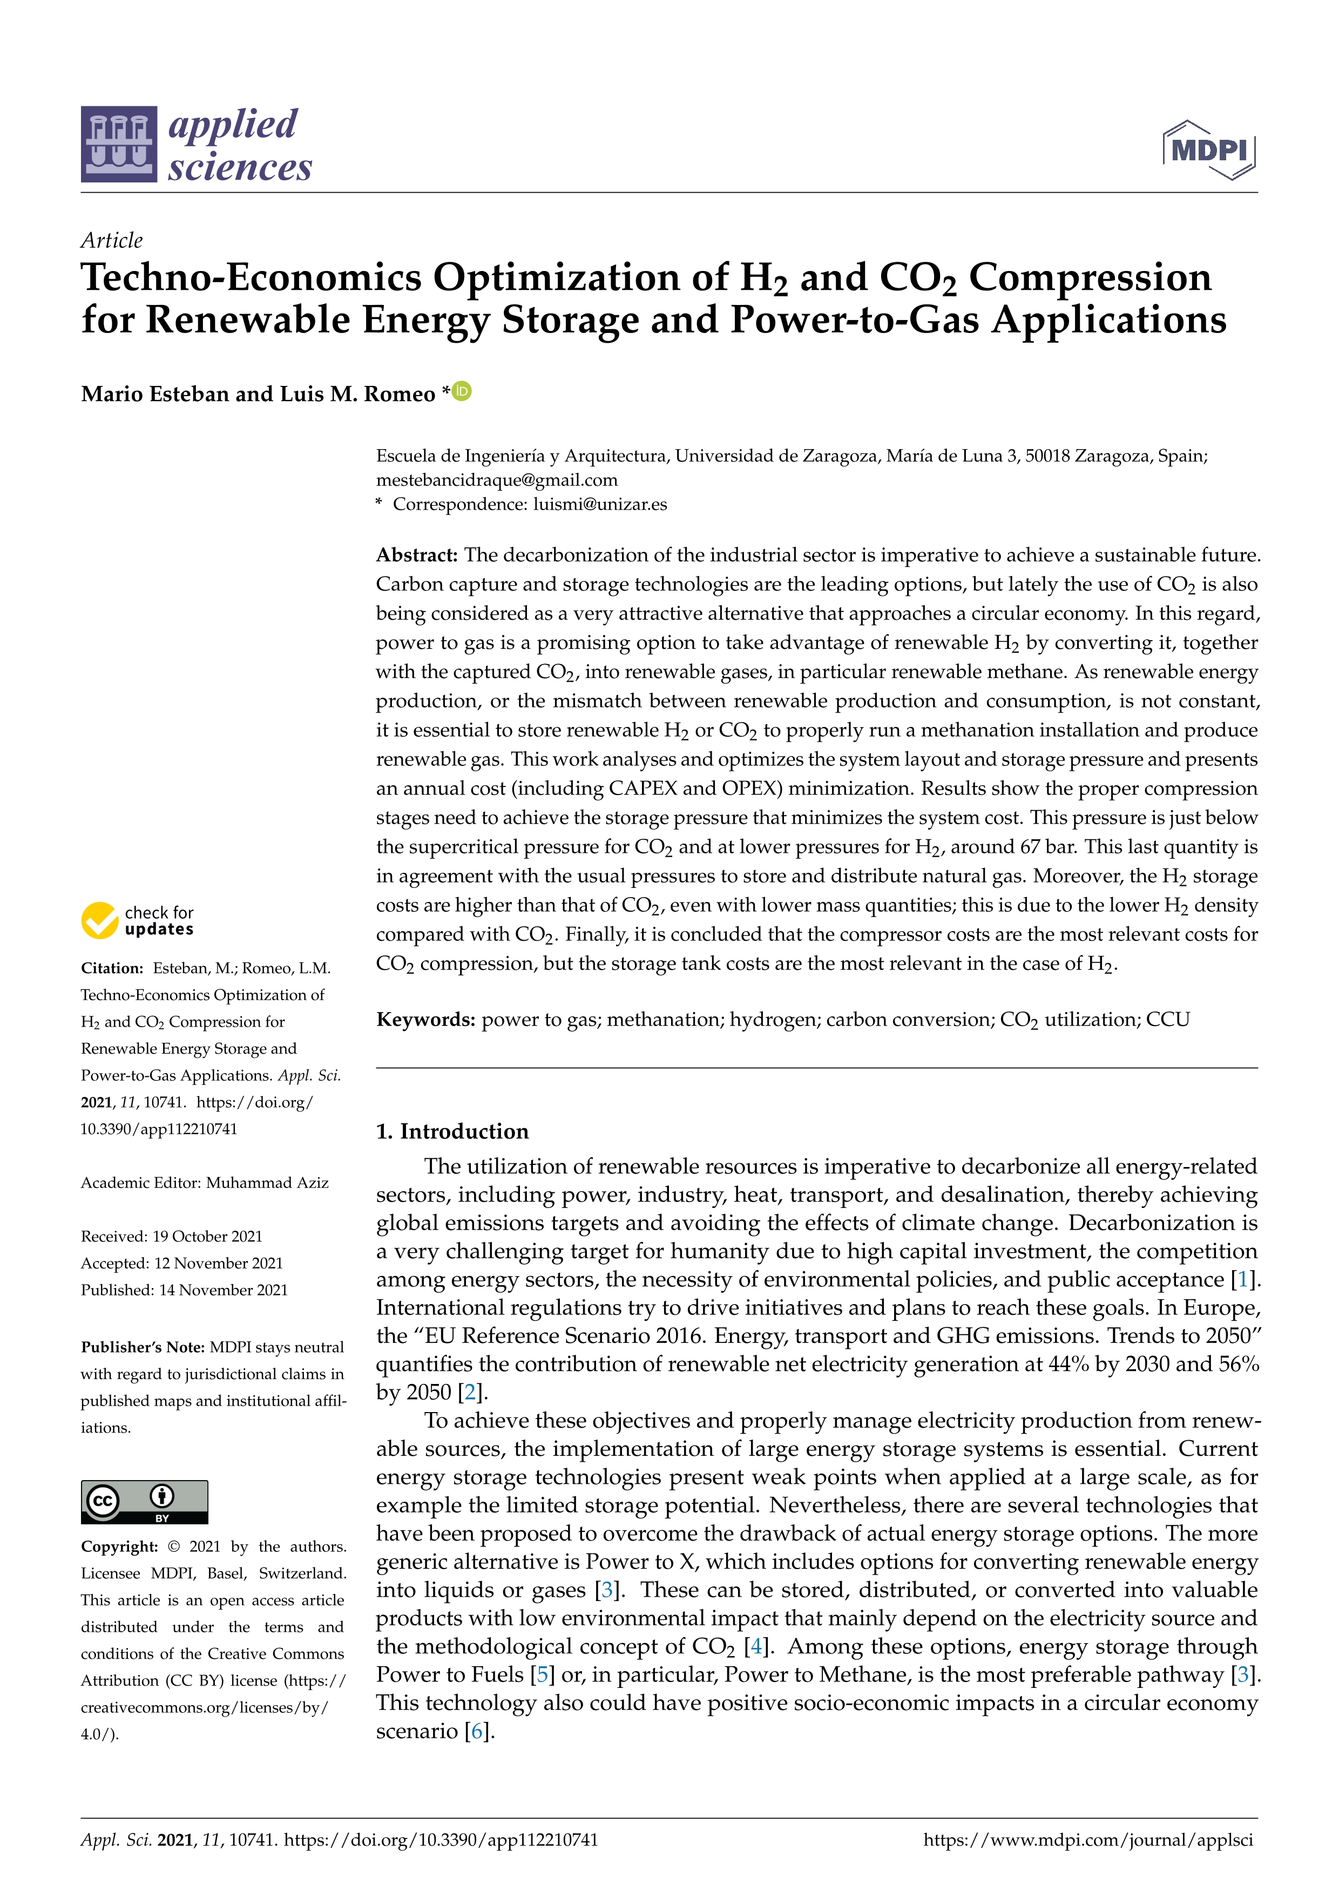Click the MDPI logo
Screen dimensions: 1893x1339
click(x=1209, y=150)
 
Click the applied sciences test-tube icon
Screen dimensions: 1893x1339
click(x=119, y=144)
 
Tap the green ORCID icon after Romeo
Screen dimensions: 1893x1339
click(x=463, y=391)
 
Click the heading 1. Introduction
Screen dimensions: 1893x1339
click(x=452, y=1131)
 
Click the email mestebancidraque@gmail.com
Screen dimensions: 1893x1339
click(x=496, y=480)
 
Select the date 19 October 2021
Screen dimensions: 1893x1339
click(x=207, y=1236)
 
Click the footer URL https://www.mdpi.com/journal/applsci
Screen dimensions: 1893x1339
click(x=1087, y=1840)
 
